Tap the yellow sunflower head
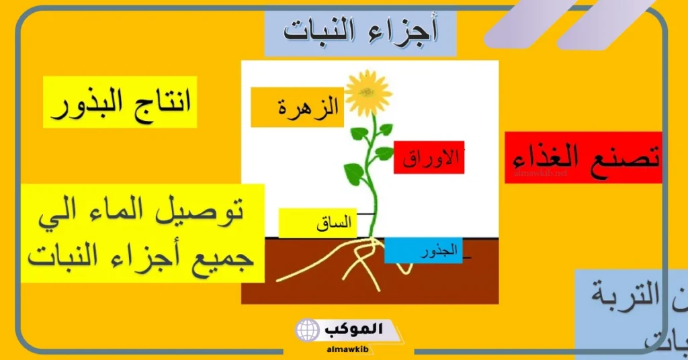[x=368, y=93]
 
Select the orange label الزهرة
[x=297, y=107]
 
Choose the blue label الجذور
[x=423, y=251]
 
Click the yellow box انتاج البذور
[x=120, y=102]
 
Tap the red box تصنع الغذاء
[x=583, y=158]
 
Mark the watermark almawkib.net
[x=540, y=173]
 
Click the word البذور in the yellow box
[x=89, y=103]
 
